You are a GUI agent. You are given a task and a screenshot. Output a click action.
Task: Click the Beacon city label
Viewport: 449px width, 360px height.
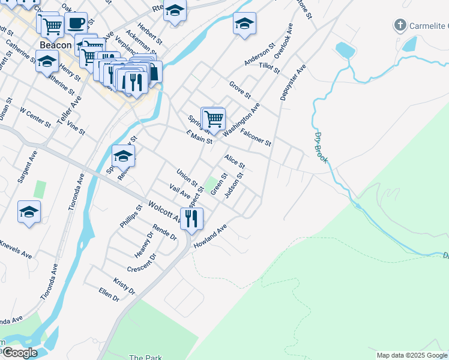(x=56, y=45)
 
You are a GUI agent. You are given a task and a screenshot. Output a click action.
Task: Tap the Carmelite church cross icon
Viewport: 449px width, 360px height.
(x=400, y=25)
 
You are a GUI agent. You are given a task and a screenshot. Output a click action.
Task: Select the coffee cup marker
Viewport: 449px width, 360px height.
(x=76, y=23)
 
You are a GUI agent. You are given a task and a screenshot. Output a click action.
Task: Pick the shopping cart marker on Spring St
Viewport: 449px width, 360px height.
(x=214, y=119)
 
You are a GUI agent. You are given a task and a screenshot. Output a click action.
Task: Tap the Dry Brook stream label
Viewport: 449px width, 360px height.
(x=321, y=148)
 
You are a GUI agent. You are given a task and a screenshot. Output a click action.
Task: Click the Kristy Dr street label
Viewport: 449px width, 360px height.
(x=124, y=286)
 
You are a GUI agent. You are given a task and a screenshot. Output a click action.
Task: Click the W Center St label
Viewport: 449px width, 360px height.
(x=35, y=117)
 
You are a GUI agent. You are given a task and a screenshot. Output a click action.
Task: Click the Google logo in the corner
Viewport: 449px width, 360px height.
(x=20, y=353)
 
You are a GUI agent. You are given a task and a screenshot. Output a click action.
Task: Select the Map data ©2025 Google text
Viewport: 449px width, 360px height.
(x=411, y=355)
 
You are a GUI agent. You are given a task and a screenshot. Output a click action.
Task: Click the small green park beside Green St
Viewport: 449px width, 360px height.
(x=211, y=182)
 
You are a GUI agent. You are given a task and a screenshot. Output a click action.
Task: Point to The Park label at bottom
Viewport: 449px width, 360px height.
(x=145, y=357)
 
